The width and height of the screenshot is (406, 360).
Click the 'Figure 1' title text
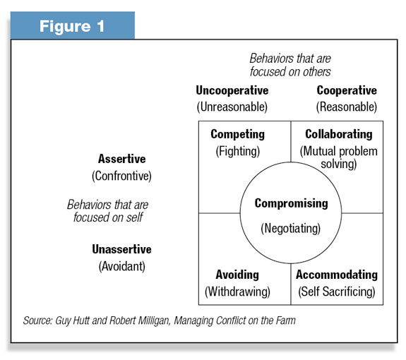point(72,26)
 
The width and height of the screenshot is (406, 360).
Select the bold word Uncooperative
point(232,90)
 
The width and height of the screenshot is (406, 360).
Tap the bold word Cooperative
point(347,90)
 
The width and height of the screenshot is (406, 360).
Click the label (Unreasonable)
point(232,107)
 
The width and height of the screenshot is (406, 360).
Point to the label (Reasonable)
point(347,107)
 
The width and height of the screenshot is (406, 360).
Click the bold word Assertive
point(121,159)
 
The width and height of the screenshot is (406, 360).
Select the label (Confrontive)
point(121,176)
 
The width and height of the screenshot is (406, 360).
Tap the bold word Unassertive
point(121,249)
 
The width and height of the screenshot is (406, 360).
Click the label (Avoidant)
point(121,266)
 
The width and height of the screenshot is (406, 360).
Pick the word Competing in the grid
point(238,134)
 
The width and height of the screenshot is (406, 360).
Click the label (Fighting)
point(238,151)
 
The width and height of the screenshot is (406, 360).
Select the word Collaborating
point(339,134)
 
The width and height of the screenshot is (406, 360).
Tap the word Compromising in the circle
point(292,203)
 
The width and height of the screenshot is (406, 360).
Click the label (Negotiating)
point(290,229)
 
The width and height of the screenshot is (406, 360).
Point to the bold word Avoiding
point(237,275)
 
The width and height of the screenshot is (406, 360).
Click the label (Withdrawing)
point(237,292)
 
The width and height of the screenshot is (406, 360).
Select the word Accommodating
point(337,275)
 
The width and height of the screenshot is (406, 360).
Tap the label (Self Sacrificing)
point(337,292)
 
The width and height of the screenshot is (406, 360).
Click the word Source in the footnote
point(38,320)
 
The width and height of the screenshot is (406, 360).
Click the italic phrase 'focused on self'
point(108,217)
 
